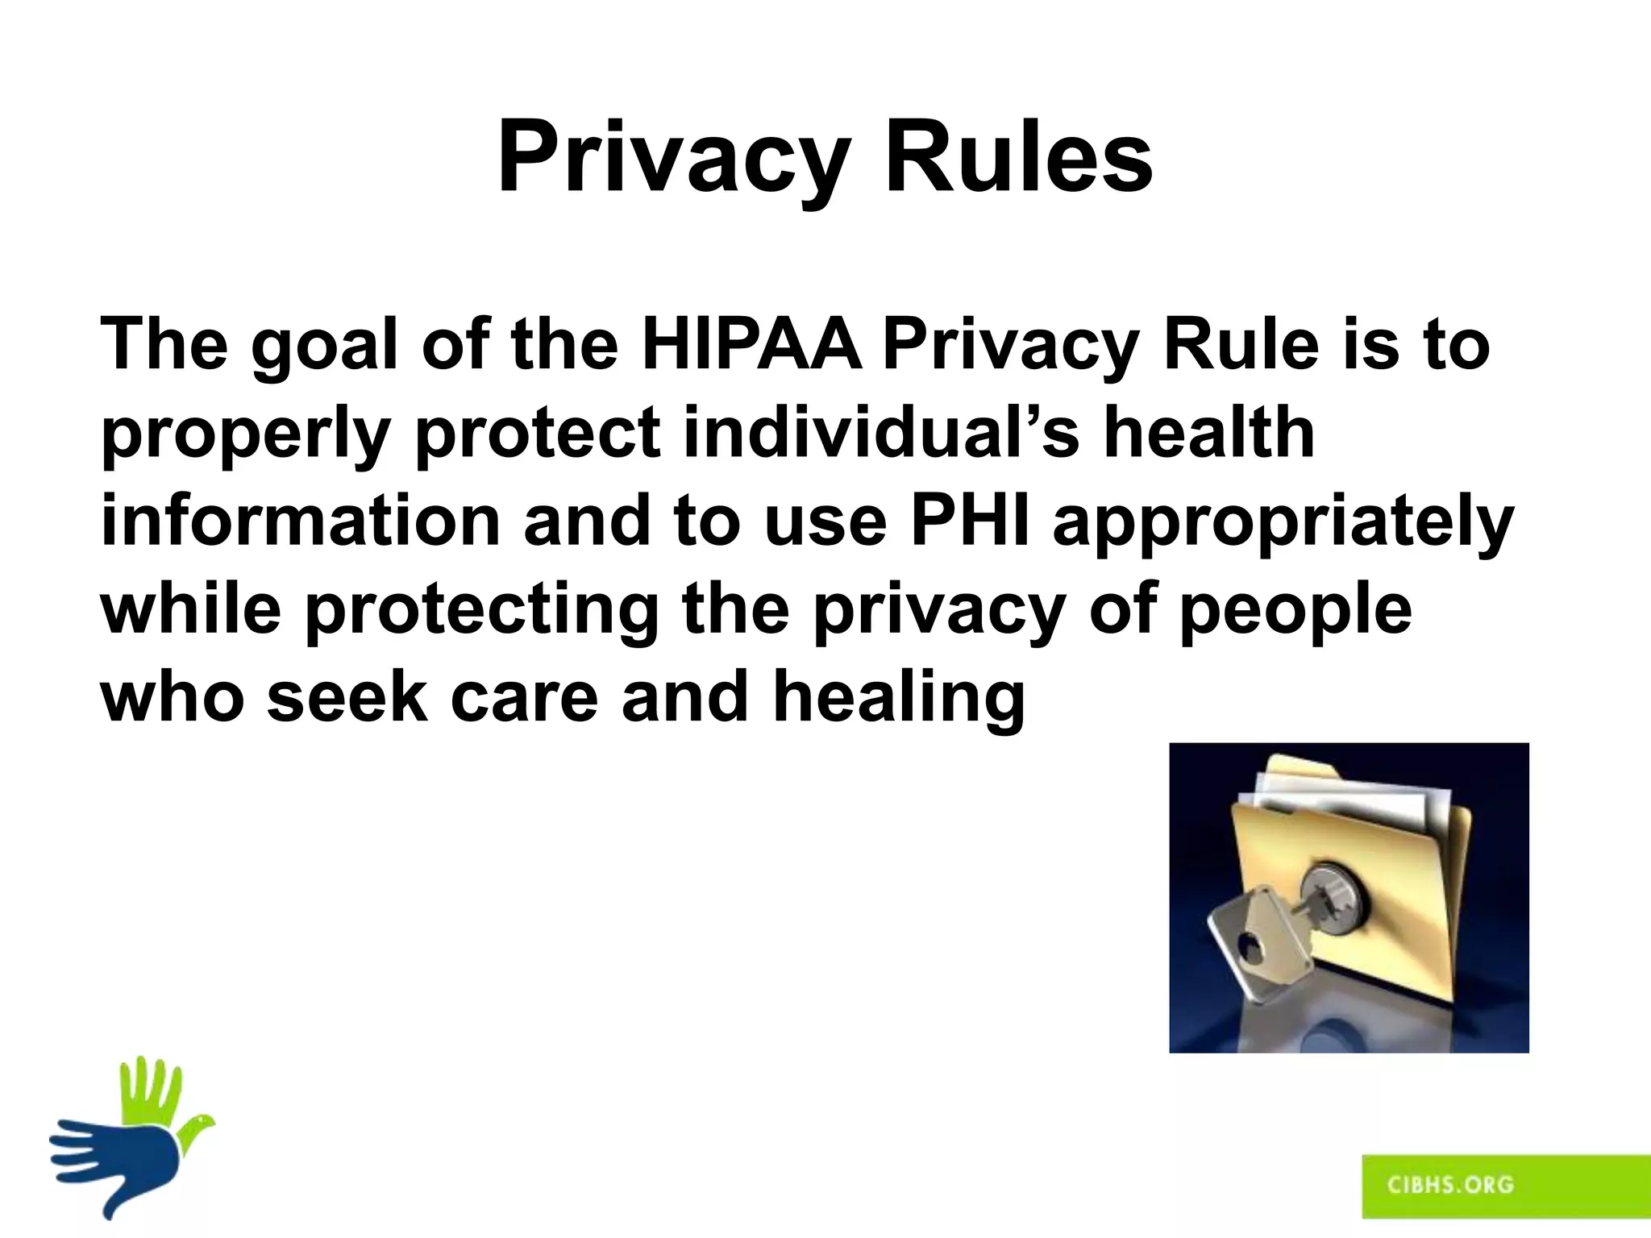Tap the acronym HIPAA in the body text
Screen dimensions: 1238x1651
tap(750, 345)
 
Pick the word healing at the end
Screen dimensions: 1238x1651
tap(899, 698)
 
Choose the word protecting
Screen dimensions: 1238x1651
tap(481, 611)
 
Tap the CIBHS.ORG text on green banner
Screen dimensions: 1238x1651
tap(1450, 1184)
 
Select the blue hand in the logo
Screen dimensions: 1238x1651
tap(121, 1161)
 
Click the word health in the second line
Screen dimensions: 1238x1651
tap(1208, 433)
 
